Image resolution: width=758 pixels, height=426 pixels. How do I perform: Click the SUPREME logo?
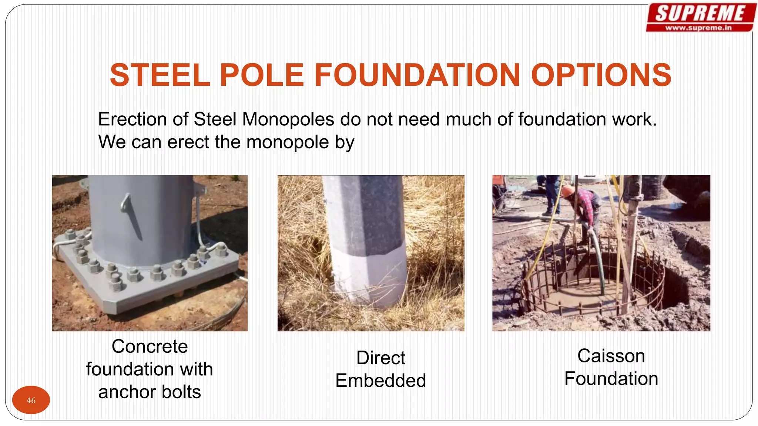coord(700,13)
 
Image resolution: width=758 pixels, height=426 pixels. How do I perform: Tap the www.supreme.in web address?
coord(698,28)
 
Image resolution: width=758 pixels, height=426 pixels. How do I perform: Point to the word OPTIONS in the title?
coord(601,75)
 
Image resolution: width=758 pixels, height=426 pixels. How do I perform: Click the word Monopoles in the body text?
coord(288,119)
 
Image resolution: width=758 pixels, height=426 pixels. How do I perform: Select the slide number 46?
coord(31,400)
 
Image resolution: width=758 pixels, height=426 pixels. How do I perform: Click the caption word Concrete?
coord(150,346)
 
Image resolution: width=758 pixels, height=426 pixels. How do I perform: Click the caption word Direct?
coord(380,358)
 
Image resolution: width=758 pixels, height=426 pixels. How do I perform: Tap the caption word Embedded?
coord(380,381)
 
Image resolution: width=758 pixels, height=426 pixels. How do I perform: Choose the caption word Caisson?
coord(611,356)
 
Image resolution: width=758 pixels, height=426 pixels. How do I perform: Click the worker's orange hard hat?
coord(567,191)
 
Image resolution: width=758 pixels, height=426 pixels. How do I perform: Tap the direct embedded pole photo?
coord(371,253)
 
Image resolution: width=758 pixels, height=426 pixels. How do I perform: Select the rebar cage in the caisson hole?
coord(592,281)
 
